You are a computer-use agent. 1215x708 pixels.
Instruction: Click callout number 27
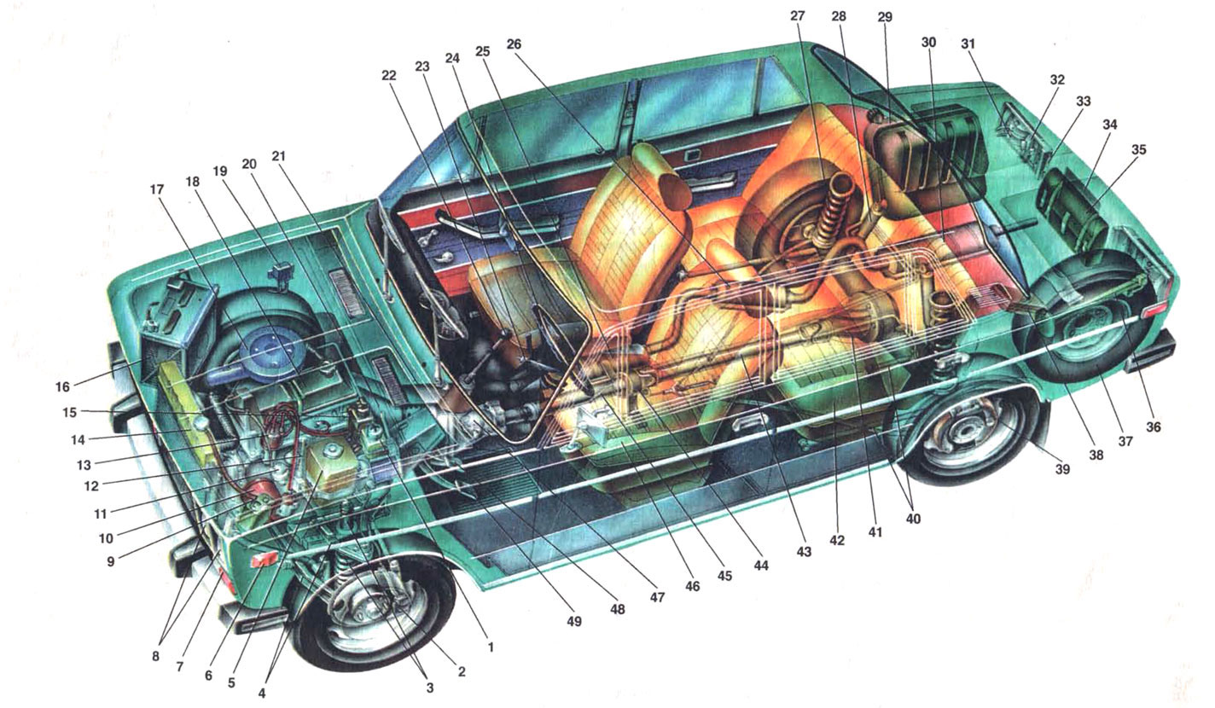click(797, 16)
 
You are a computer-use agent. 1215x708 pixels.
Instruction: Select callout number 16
click(62, 386)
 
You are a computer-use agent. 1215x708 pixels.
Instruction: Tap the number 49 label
click(573, 621)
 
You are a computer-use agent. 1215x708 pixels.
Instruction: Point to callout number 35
click(1138, 149)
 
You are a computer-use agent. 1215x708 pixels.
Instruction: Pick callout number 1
click(491, 647)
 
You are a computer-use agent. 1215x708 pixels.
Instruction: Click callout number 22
click(389, 75)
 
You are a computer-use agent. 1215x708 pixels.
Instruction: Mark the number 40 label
click(914, 519)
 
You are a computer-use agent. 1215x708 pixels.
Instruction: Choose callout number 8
click(155, 656)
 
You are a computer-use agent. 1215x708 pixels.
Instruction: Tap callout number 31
click(968, 44)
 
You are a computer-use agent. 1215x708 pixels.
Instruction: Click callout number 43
click(803, 551)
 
